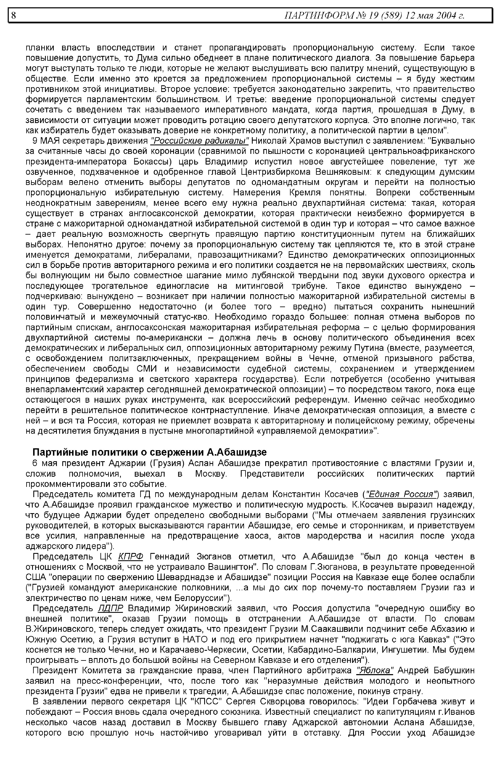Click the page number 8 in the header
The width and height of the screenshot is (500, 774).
[x=13, y=16]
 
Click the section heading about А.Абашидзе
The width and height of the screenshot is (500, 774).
[x=150, y=452]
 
